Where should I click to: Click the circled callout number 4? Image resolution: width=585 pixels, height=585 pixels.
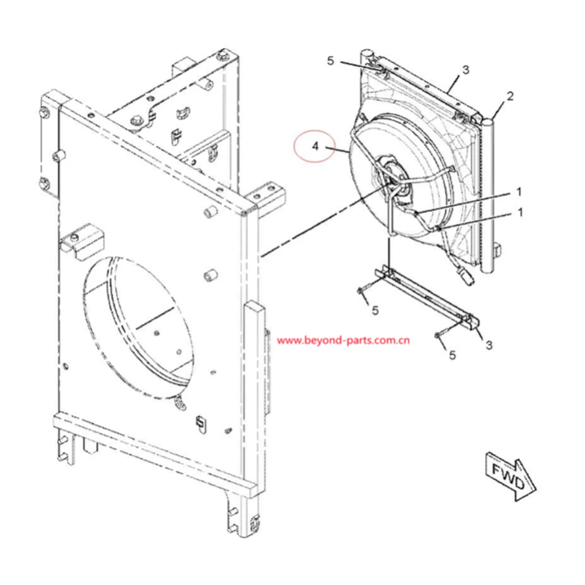pyautogui.click(x=315, y=146)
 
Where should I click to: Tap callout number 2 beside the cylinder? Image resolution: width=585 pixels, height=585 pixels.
pyautogui.click(x=510, y=97)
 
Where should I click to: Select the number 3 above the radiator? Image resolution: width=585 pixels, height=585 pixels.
pyautogui.click(x=465, y=70)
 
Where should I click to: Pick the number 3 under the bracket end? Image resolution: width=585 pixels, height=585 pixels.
pyautogui.click(x=489, y=344)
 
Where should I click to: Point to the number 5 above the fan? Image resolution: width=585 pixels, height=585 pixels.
pyautogui.click(x=330, y=61)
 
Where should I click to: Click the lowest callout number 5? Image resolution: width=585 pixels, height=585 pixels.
pyautogui.click(x=452, y=355)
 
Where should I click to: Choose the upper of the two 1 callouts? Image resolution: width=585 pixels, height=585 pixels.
pyautogui.click(x=519, y=192)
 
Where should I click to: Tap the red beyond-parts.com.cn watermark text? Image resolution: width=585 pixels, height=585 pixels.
pyautogui.click(x=344, y=341)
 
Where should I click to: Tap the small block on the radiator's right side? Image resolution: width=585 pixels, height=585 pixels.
pyautogui.click(x=498, y=250)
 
